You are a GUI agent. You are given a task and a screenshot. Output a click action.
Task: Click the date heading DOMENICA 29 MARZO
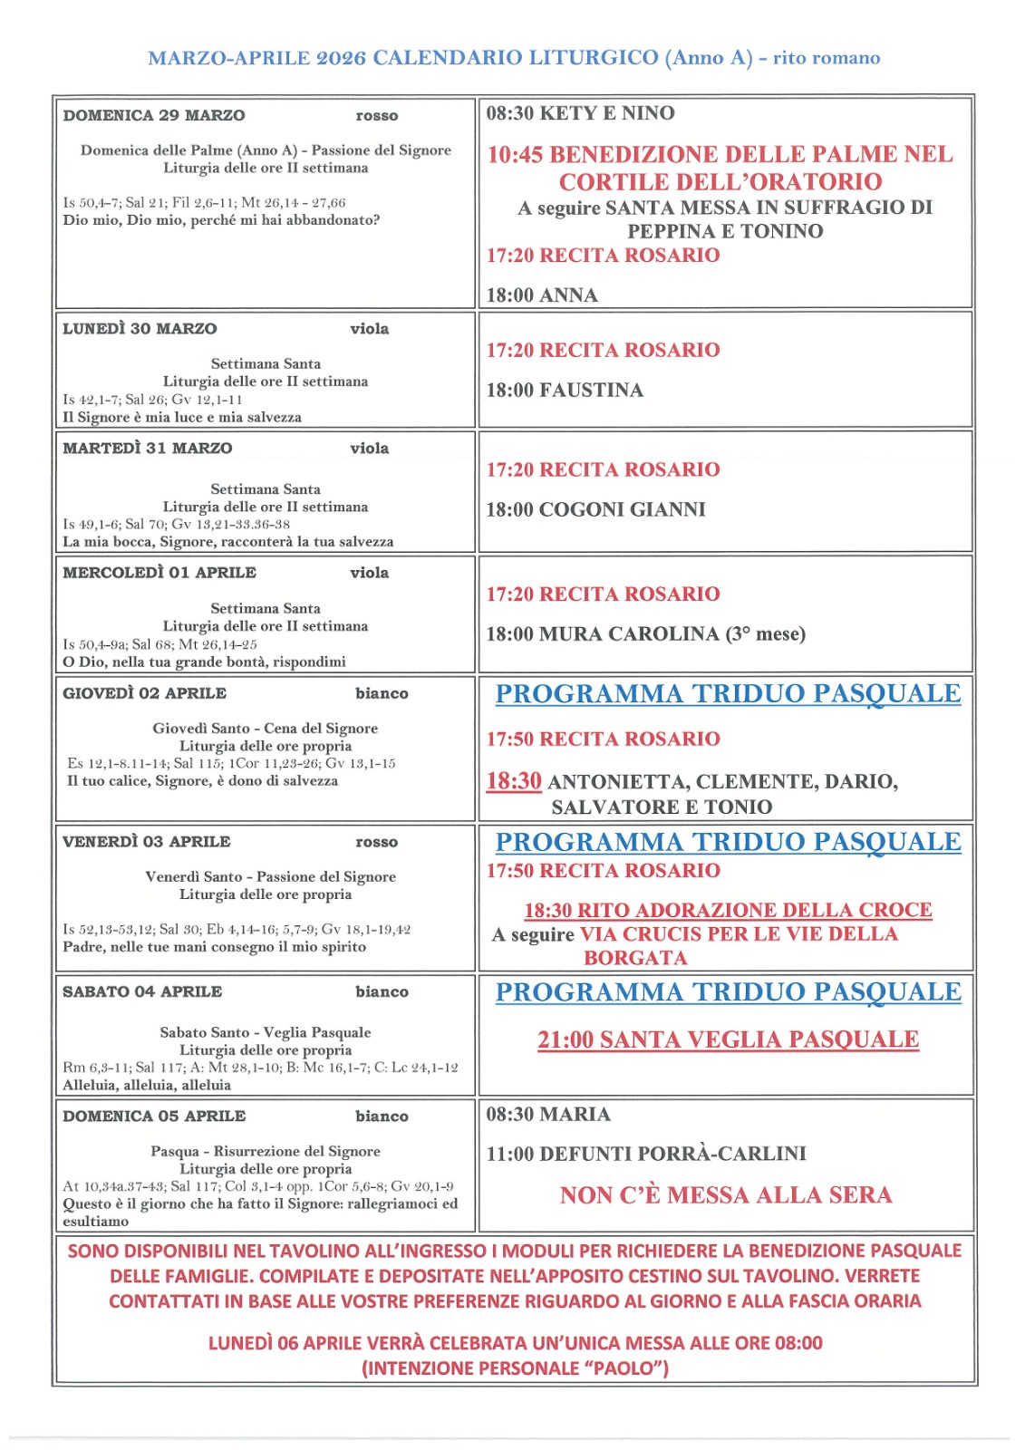(154, 116)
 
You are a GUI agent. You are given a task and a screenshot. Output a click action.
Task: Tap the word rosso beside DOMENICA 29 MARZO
(377, 116)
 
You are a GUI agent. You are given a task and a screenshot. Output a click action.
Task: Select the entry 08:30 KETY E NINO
(580, 113)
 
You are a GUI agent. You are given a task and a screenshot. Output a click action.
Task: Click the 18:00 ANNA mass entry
(542, 295)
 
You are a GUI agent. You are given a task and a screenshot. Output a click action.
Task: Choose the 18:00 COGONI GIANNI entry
(595, 510)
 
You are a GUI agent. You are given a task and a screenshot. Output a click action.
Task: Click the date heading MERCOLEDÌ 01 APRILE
(160, 573)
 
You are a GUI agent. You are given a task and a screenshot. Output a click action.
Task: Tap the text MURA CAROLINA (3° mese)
(672, 634)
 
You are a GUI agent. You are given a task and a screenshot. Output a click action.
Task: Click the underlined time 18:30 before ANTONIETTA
(514, 781)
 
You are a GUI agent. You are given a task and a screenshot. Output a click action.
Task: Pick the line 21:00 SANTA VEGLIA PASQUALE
(728, 1039)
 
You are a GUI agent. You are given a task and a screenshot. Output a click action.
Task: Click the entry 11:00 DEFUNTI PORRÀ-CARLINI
(646, 1154)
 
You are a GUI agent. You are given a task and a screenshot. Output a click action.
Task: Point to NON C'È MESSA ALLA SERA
(726, 1195)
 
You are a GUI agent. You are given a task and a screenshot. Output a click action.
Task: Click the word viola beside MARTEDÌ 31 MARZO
(370, 449)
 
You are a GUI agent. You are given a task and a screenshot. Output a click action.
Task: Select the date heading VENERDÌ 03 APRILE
(147, 842)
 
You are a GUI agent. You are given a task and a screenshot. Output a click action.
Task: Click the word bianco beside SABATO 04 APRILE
(382, 992)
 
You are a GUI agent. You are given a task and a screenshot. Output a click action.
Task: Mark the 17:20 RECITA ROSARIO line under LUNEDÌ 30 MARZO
(603, 351)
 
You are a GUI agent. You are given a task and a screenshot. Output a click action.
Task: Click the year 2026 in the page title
(341, 58)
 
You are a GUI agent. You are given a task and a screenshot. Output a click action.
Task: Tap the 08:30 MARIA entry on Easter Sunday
(548, 1115)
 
